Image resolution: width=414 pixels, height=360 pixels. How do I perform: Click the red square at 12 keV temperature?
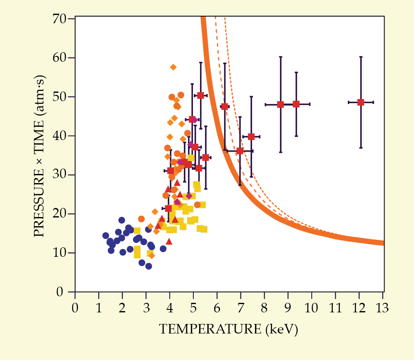pos(361,102)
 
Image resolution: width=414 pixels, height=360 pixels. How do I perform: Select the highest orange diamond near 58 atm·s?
pos(173,67)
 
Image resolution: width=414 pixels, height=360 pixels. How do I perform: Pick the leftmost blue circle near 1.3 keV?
pos(106,236)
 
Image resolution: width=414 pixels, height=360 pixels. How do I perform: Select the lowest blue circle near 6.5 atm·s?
pos(149,266)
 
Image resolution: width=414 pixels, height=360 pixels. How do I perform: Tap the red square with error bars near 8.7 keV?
pos(280,104)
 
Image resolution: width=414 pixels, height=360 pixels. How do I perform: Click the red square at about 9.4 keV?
pos(296,104)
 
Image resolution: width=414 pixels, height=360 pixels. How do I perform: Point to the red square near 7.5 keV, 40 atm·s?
pos(251,137)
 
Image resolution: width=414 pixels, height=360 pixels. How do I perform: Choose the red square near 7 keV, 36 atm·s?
pos(240,151)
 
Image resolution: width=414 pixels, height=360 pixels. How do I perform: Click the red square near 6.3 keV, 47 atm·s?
pos(224,106)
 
